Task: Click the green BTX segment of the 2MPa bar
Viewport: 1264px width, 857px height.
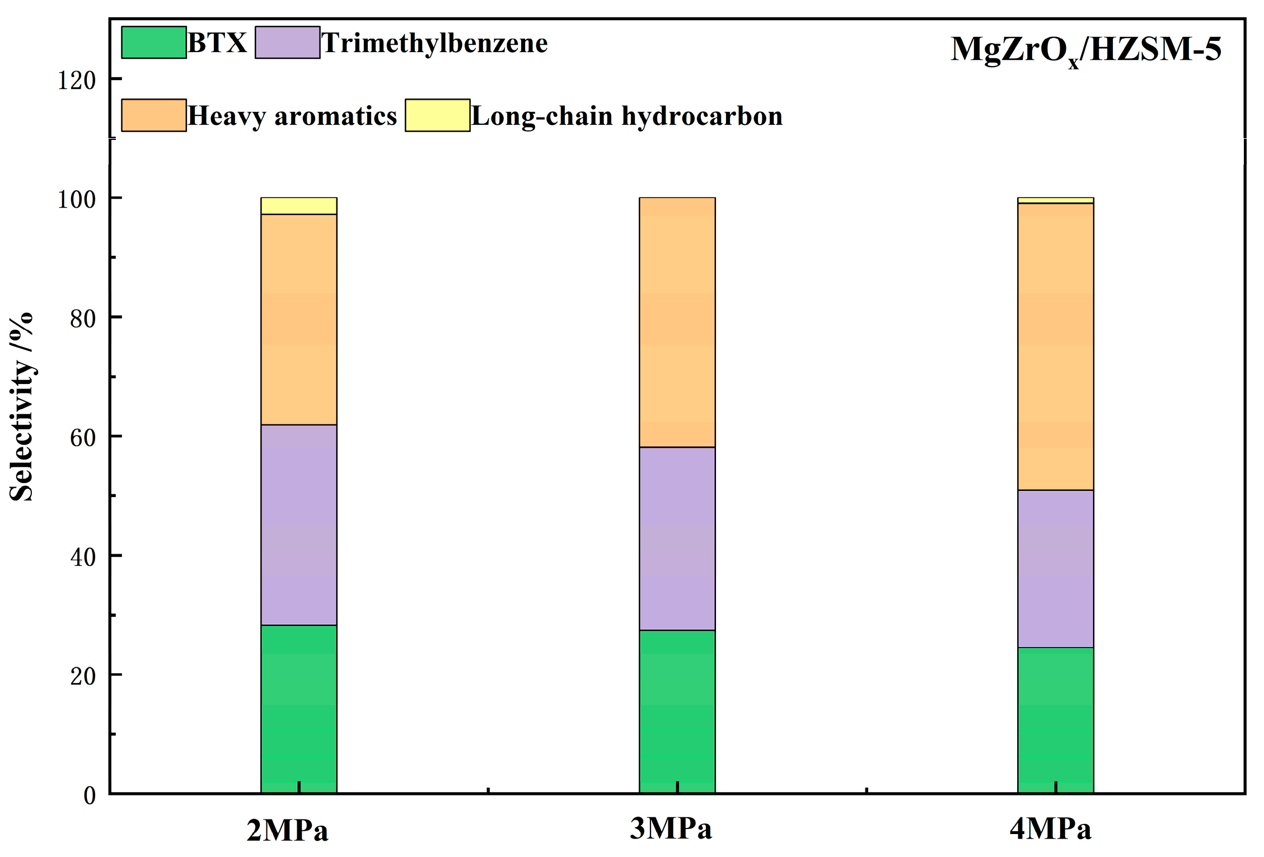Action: (298, 709)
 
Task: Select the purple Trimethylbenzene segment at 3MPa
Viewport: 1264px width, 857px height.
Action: (677, 538)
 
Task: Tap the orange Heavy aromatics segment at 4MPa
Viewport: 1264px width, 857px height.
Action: (1055, 346)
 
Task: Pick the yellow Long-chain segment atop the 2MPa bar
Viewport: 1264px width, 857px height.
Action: (298, 206)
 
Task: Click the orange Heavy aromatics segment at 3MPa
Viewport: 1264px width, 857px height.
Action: (677, 322)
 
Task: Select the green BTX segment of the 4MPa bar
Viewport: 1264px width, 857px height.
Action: (1055, 720)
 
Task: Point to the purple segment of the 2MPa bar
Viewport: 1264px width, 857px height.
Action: (298, 524)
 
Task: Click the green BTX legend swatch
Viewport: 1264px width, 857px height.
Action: (154, 43)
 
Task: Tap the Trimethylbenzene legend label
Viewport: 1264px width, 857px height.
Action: (434, 43)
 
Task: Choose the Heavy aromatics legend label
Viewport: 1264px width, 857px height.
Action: (292, 116)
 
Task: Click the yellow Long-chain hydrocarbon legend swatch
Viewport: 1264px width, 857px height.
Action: (437, 115)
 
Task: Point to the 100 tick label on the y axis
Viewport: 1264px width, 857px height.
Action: (76, 199)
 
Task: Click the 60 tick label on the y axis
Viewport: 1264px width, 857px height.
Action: (82, 438)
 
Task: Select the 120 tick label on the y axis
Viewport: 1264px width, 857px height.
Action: (76, 81)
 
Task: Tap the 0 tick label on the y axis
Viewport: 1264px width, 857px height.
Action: (90, 795)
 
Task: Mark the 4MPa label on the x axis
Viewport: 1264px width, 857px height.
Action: (1050, 829)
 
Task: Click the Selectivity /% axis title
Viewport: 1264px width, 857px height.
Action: (21, 407)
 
